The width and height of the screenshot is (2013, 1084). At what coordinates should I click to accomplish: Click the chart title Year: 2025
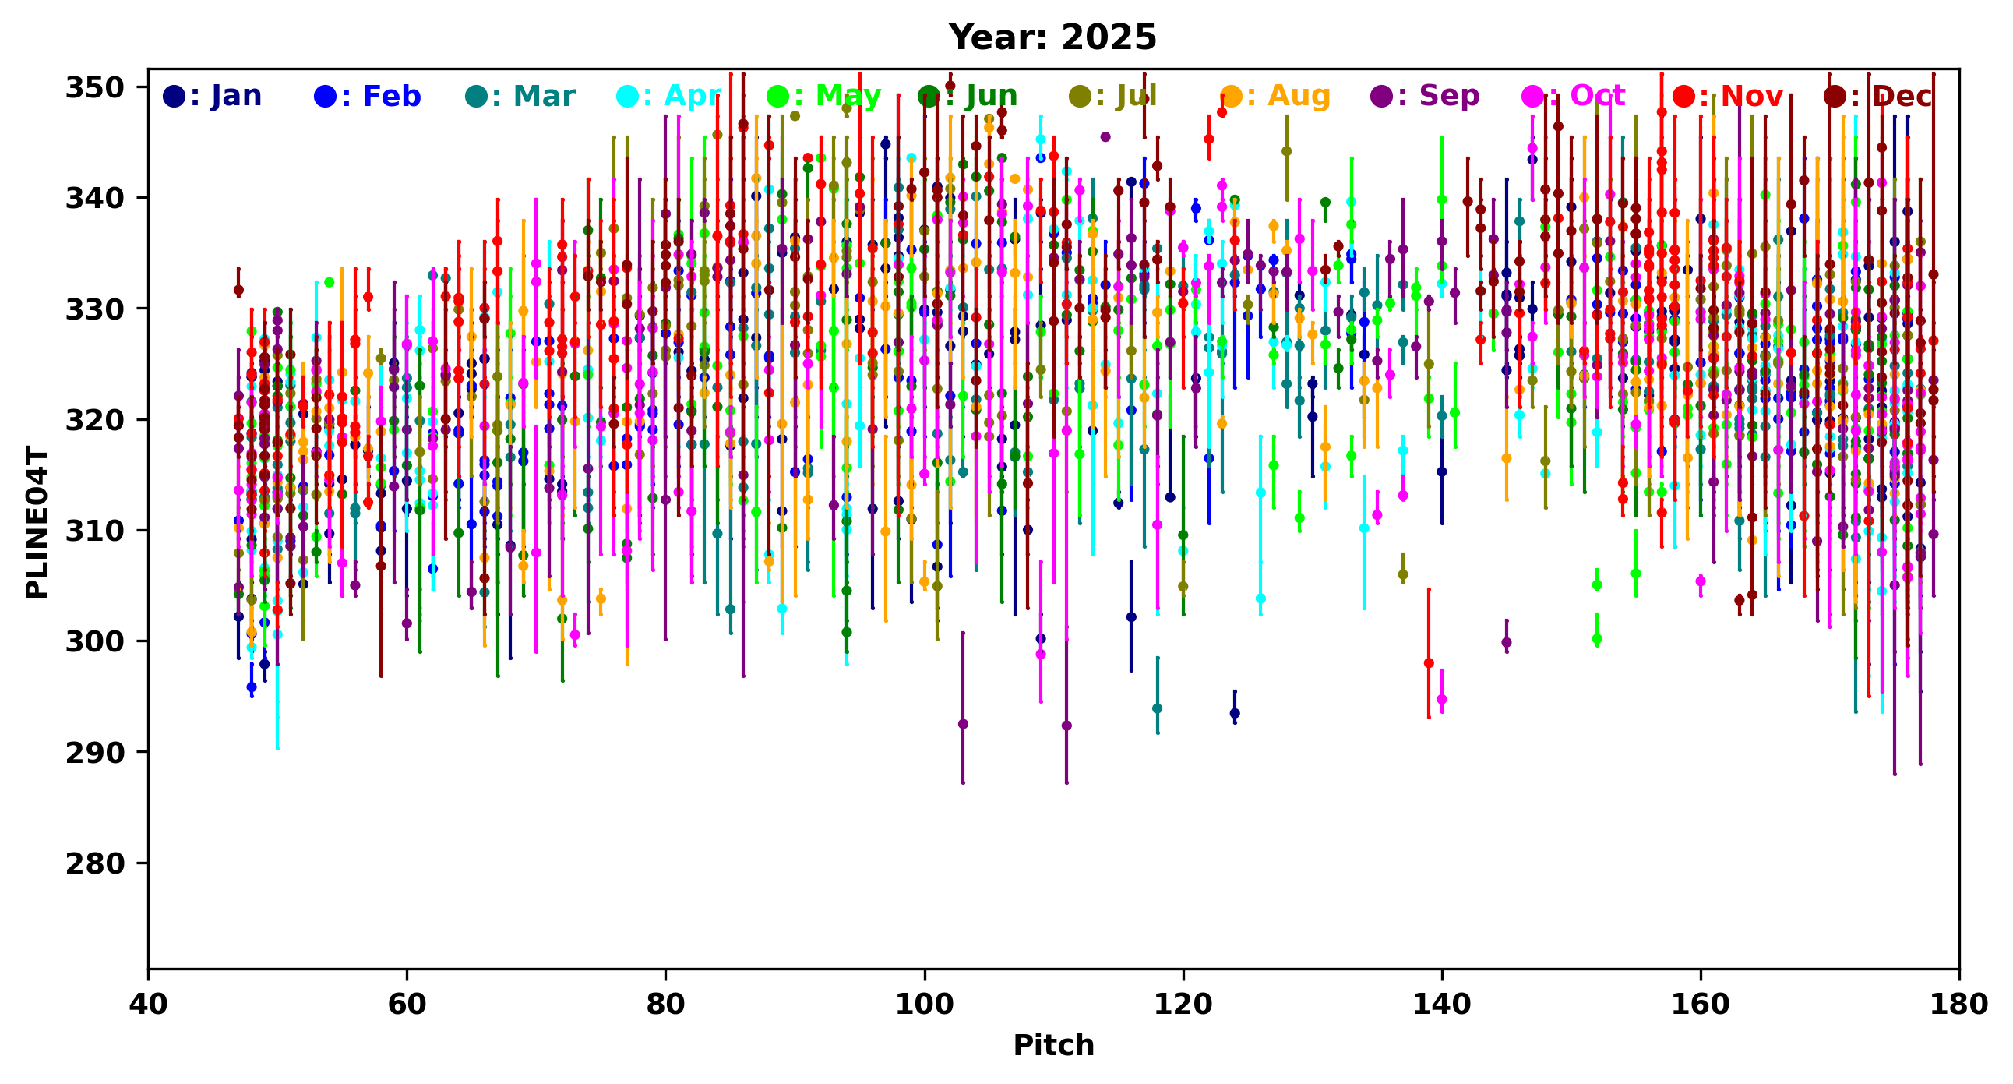[x=1052, y=37]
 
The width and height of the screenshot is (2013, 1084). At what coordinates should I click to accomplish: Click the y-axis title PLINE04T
[x=37, y=522]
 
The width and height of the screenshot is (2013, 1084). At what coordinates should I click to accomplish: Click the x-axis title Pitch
[x=1053, y=1045]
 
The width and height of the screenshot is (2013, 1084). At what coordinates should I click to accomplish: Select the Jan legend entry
[x=213, y=96]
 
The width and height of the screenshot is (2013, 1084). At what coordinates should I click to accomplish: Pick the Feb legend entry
[x=367, y=96]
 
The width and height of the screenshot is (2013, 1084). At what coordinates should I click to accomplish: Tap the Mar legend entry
[x=520, y=96]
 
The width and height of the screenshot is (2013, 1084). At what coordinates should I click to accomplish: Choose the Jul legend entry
[x=1112, y=96]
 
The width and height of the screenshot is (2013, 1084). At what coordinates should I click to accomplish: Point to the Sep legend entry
[x=1426, y=96]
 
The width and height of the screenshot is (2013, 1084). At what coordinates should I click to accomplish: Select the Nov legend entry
[x=1729, y=96]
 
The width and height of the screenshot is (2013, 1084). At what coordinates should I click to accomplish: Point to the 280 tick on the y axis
[x=95, y=863]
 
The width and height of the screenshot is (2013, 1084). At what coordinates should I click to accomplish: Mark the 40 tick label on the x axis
[x=149, y=1004]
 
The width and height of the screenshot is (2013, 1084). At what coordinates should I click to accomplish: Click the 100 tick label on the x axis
[x=925, y=1004]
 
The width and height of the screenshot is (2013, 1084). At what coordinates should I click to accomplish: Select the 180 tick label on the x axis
[x=1959, y=1004]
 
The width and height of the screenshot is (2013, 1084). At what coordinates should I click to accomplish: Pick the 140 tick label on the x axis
[x=1442, y=1004]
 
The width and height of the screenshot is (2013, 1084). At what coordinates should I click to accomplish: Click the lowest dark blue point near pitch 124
[x=1235, y=714]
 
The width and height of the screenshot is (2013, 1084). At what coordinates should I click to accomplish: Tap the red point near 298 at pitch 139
[x=1429, y=663]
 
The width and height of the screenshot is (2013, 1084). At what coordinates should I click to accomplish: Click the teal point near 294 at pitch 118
[x=1158, y=709]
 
